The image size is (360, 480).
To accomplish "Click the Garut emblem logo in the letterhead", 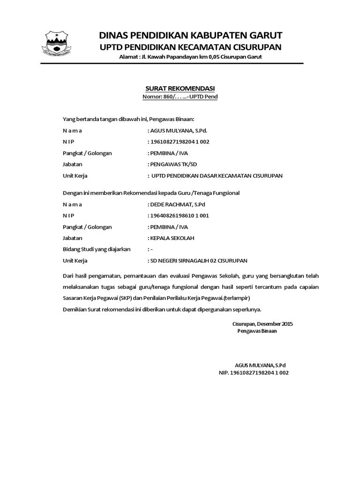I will point(56,44).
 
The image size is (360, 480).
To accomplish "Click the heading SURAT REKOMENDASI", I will point(180,89).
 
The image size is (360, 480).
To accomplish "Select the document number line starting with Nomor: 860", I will point(180,97).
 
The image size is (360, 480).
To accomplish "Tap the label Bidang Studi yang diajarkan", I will point(97,249).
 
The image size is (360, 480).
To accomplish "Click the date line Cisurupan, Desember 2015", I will point(262,323).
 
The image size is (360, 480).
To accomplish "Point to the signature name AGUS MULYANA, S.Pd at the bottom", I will point(260,365).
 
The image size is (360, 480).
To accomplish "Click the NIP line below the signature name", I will point(254,373).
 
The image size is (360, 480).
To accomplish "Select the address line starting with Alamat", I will point(190,57).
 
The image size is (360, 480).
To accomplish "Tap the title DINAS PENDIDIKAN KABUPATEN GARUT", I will point(190,35).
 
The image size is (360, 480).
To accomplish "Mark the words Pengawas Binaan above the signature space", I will point(257,331).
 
